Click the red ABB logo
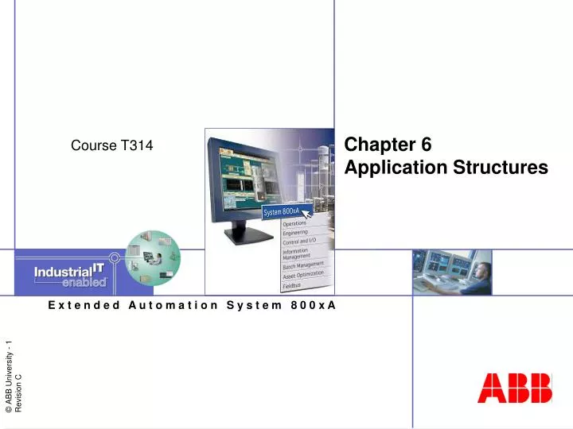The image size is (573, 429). tap(515, 389)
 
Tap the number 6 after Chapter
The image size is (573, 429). tap(426, 145)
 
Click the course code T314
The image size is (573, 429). tap(137, 145)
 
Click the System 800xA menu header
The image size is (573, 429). tap(283, 211)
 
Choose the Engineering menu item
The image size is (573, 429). tap(296, 233)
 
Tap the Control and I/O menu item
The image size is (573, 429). tap(299, 242)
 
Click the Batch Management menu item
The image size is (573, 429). tap(303, 265)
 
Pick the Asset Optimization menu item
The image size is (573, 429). tap(303, 274)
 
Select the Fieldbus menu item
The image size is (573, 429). tap(293, 284)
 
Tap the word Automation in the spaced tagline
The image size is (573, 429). tap(173, 304)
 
